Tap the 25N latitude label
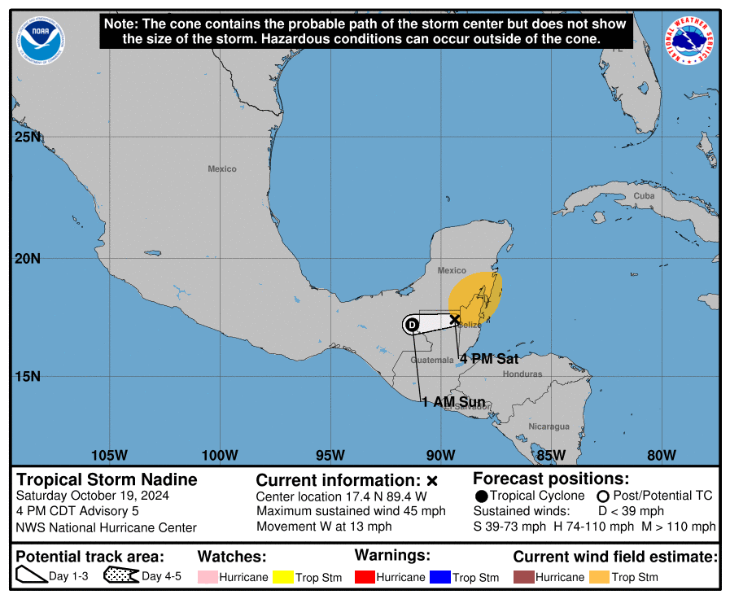coord(27,136)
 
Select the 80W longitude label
coord(661,454)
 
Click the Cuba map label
coord(644,195)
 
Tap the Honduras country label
coord(522,374)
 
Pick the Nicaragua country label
coord(549,426)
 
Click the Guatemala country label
coord(431,360)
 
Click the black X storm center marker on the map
coord(454,319)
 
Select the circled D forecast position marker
coord(412,325)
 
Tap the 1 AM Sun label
coord(453,402)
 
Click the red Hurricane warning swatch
coord(365,577)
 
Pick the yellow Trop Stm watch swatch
coord(283,577)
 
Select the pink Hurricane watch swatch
coord(208,577)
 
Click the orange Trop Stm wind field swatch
coord(601,577)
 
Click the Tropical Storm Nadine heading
coord(107,479)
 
